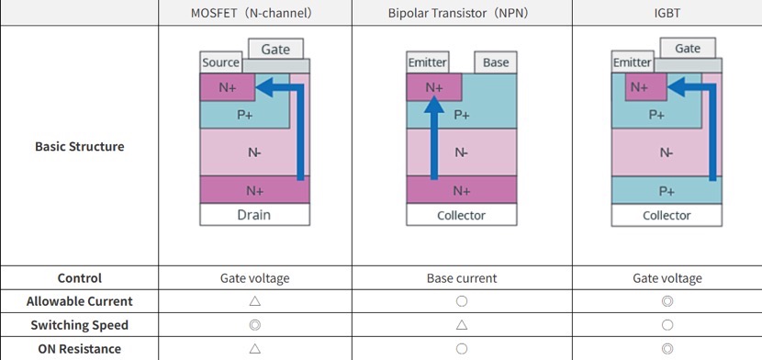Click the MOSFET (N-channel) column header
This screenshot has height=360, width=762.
[254, 14]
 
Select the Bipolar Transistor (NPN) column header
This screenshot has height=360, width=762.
[461, 14]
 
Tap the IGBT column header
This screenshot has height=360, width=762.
[667, 14]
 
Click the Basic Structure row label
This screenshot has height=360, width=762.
[79, 146]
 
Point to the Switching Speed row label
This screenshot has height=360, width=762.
[79, 325]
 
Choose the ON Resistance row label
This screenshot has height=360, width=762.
[79, 348]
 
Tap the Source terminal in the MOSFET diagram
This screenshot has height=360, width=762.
[220, 63]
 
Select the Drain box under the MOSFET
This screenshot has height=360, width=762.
[254, 215]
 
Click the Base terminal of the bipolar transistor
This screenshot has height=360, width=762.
[495, 62]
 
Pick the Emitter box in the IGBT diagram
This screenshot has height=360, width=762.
[632, 62]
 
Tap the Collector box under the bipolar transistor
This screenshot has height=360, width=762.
[461, 215]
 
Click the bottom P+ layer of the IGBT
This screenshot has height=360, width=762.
[667, 190]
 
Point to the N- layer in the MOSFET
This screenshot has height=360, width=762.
[253, 152]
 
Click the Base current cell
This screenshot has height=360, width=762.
[461, 278]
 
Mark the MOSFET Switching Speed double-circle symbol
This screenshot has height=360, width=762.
[254, 325]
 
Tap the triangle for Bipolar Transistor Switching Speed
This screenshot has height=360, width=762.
[461, 325]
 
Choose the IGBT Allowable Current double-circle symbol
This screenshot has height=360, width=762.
[667, 301]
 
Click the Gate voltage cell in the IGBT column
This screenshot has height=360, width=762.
[667, 278]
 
